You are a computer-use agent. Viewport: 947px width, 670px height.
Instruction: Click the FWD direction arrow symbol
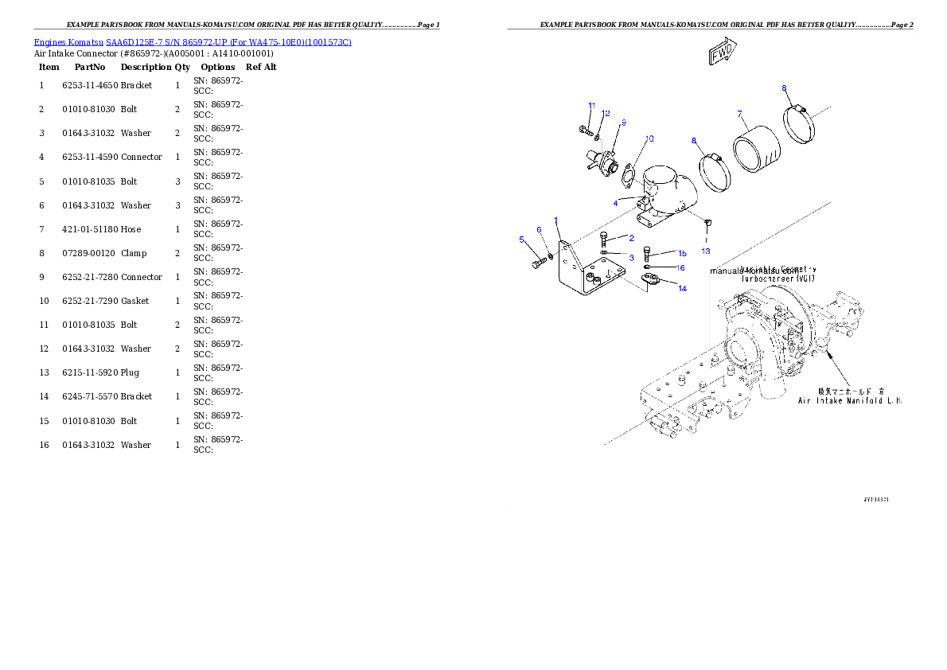pos(722,53)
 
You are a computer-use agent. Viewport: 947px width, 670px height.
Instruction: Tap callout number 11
pos(591,106)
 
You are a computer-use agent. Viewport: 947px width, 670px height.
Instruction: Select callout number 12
pos(606,114)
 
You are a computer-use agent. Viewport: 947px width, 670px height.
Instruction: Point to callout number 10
pos(649,138)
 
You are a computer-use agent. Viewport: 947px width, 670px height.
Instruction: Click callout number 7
pos(739,114)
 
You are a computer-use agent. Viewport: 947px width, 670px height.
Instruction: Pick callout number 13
pos(705,251)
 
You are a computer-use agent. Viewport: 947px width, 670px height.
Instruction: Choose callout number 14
pos(682,289)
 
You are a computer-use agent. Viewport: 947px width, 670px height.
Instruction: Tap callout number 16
pos(680,268)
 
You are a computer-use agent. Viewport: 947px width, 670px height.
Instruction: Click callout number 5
pos(522,240)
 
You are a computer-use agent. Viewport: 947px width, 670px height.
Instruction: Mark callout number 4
pos(615,203)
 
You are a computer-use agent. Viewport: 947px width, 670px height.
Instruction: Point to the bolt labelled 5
pos(538,263)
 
